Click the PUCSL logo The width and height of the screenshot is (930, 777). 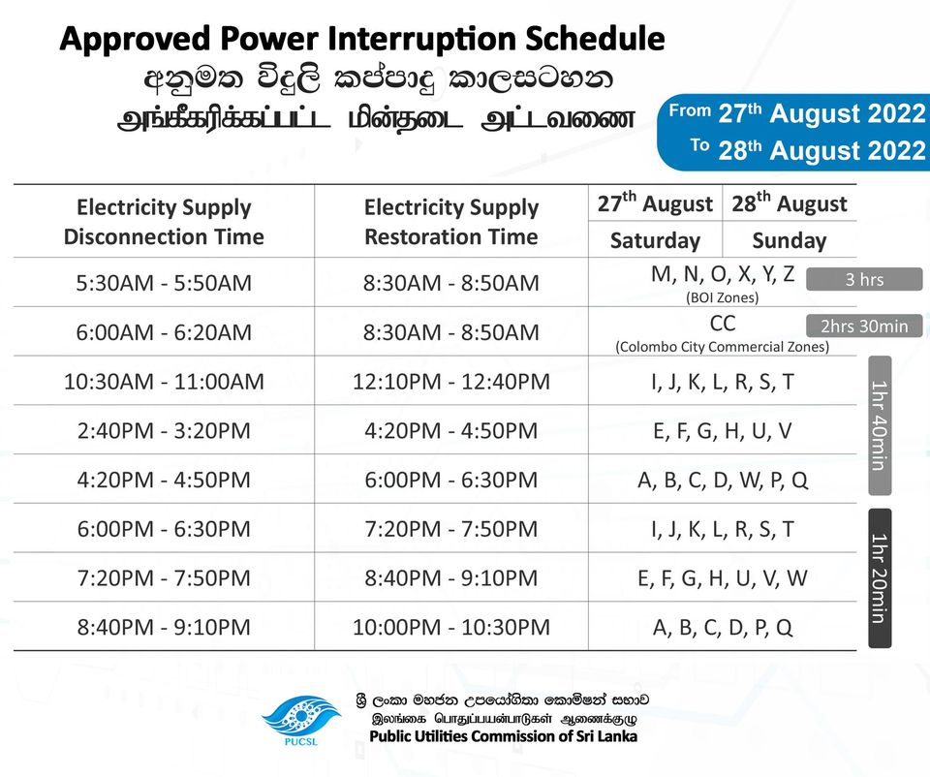pos(300,721)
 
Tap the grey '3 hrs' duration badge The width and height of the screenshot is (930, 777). pos(864,279)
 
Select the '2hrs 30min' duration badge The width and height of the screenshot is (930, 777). pos(864,326)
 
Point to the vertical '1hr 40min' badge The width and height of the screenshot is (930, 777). pos(880,425)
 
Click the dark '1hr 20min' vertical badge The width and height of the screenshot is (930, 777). pos(880,577)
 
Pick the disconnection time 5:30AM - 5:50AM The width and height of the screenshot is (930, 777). pos(164,283)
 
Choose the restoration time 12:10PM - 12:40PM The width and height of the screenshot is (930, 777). pos(451,382)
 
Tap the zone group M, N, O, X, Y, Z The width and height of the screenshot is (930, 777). pos(723,274)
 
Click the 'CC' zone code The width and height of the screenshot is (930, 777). pos(723,324)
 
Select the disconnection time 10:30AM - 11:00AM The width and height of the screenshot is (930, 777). pos(164,382)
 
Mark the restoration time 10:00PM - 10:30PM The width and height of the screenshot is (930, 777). pos(451,627)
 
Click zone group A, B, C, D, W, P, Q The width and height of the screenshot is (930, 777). pos(723,480)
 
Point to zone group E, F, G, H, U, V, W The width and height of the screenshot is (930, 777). pos(723,577)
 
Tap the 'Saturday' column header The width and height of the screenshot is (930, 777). pos(656,241)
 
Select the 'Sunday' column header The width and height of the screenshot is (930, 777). pos(790,241)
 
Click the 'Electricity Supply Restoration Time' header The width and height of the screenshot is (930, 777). pos(451,222)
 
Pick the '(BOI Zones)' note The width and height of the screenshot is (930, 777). pos(723,297)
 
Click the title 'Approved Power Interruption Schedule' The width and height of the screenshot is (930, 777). pos(362,39)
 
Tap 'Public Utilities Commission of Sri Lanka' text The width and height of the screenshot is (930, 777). pos(504,736)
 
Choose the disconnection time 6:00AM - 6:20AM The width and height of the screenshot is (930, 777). pos(164,332)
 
